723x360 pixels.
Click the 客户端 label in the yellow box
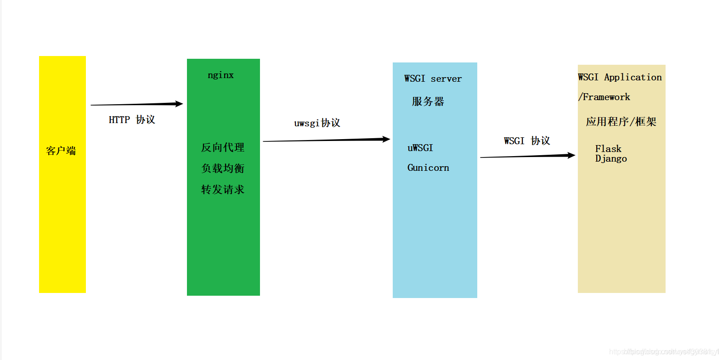61,151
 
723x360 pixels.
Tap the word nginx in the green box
220,75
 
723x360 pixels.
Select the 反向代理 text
223,147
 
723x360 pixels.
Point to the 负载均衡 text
223,169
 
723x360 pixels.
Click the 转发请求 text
223,190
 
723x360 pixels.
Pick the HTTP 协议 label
132,120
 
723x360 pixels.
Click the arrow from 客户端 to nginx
136,104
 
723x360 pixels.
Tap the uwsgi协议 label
317,123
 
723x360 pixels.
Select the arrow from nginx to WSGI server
326,140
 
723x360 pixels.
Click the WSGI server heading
433,79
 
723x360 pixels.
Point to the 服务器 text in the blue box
428,101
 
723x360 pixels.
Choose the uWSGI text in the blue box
420,148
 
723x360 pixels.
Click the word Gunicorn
428,168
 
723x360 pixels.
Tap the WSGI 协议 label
527,141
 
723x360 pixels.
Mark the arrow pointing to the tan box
527,156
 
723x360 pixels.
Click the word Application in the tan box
633,77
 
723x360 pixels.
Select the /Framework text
604,97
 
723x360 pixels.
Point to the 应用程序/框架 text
621,122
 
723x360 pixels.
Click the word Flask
608,149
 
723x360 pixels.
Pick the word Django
611,158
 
